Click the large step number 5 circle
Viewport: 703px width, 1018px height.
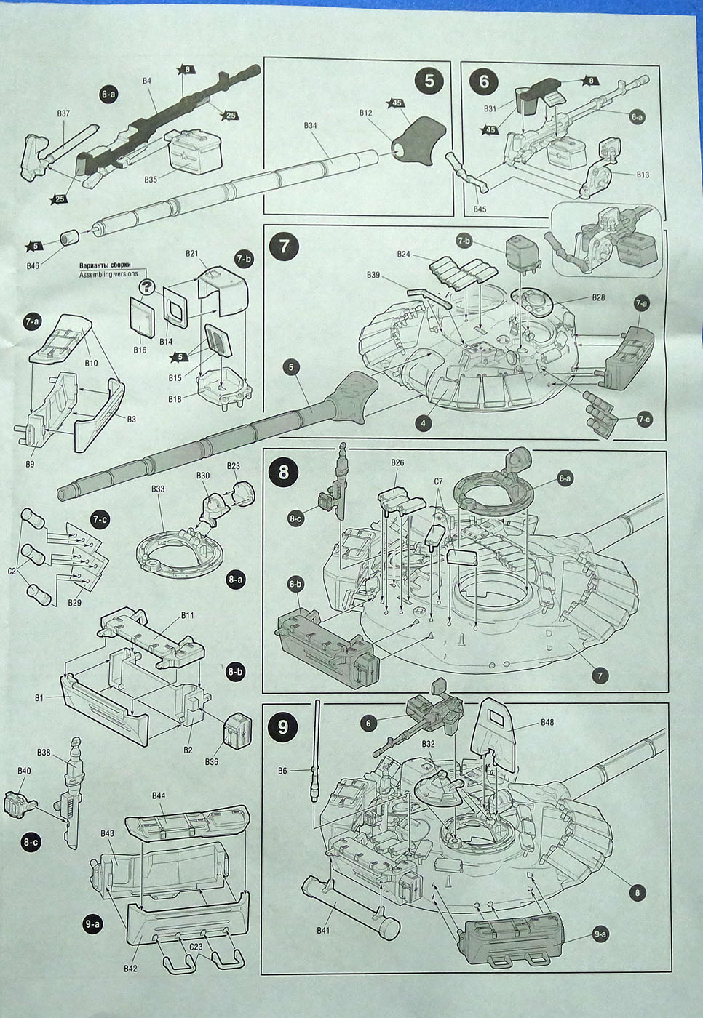429,81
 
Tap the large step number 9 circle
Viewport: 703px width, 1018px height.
282,726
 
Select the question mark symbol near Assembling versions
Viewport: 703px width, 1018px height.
147,286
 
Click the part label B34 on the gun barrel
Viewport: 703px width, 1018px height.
311,125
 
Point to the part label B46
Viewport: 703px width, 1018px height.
33,266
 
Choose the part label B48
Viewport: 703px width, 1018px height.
547,722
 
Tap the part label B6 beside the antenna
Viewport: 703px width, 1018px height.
283,770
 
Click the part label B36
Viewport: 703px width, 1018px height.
212,761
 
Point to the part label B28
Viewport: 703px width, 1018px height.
598,297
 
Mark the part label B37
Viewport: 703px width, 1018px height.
63,113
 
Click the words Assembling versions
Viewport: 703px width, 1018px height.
108,274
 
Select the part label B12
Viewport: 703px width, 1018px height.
365,113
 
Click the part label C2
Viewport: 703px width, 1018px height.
12,570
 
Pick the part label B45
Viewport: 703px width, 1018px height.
480,209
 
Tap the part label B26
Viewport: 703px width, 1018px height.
397,462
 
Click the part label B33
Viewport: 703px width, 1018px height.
158,489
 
